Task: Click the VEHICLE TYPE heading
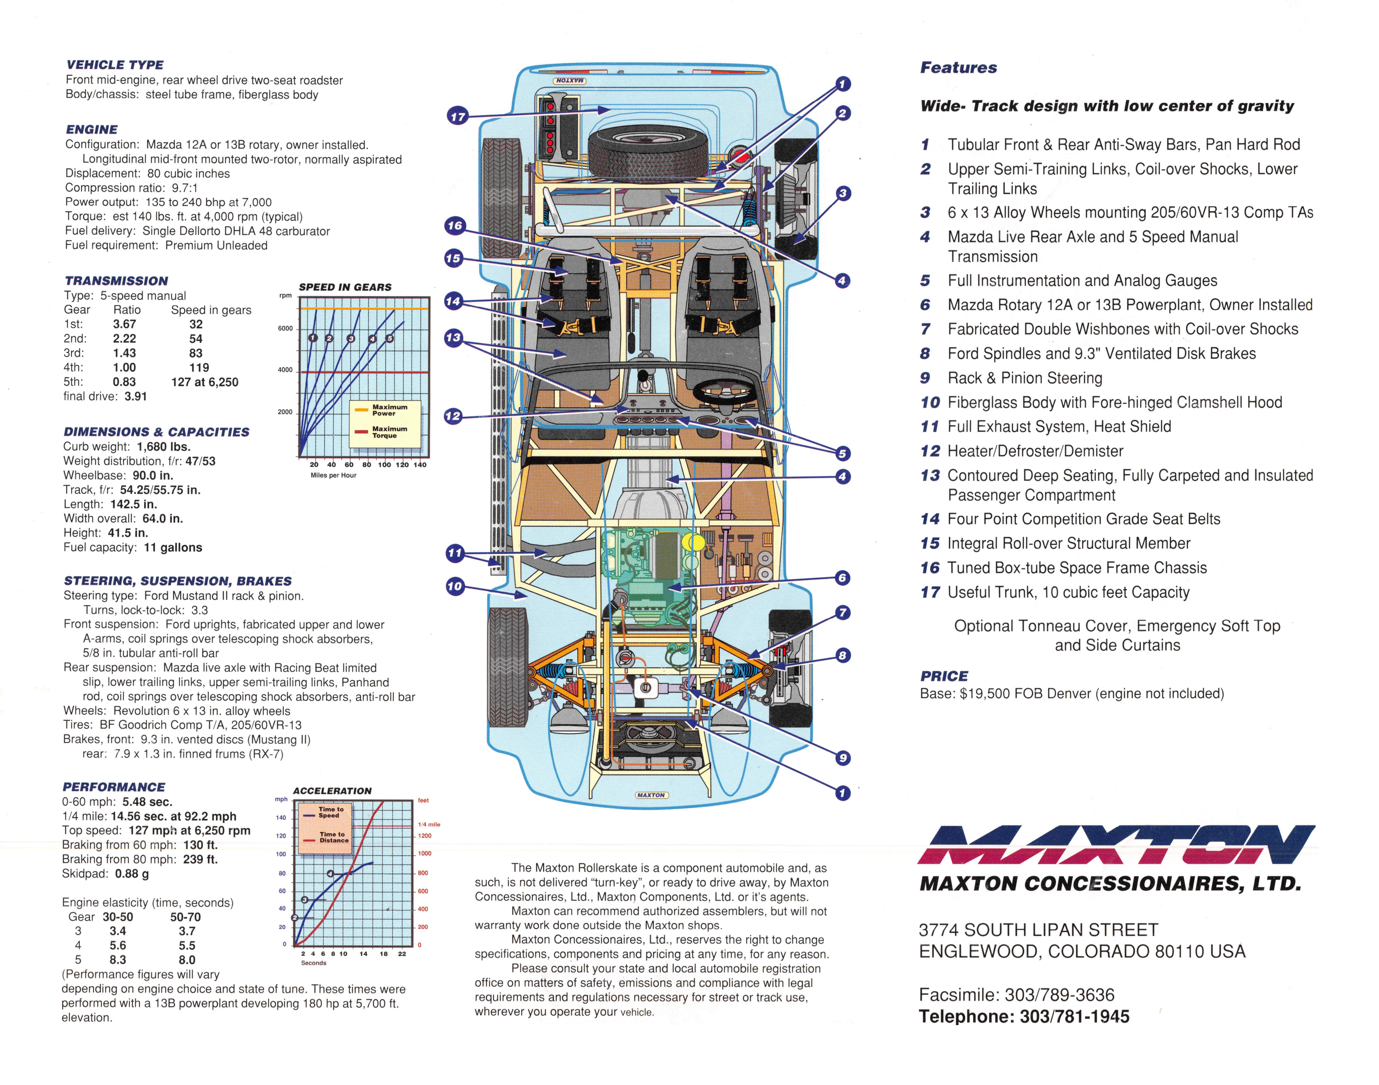[115, 65]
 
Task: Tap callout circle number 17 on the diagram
[457, 116]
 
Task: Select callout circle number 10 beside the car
[455, 586]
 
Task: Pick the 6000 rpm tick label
[285, 328]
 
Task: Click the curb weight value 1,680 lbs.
[163, 447]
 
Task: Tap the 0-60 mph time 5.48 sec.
[147, 802]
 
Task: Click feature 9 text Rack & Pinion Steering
[1024, 378]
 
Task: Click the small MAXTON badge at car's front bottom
[651, 795]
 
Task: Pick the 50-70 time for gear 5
[187, 960]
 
